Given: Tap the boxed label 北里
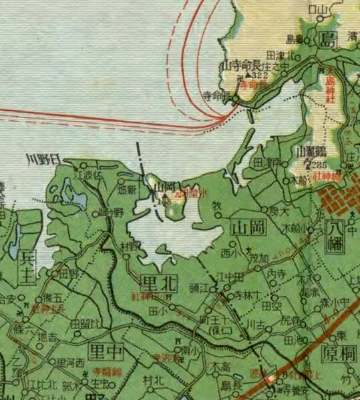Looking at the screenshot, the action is [159, 283].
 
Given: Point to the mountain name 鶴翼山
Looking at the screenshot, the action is [309, 152].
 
